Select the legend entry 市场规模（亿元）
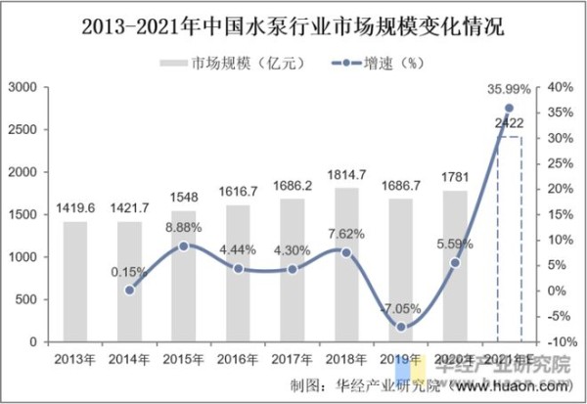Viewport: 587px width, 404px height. (x=235, y=64)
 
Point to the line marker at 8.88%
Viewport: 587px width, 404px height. (x=183, y=246)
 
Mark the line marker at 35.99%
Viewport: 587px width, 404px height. (x=509, y=108)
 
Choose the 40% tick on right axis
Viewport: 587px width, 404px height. (x=561, y=88)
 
